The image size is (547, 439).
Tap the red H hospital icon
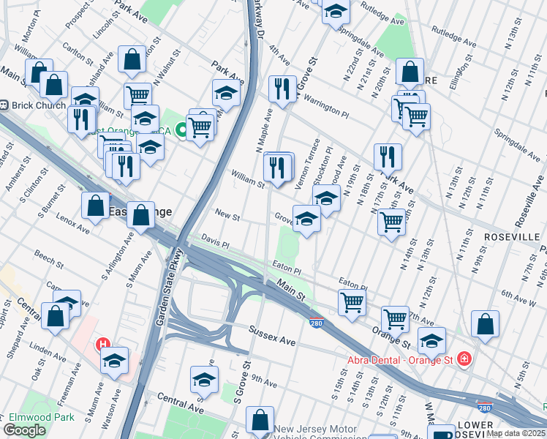(104, 344)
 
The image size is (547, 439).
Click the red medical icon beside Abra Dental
(463, 359)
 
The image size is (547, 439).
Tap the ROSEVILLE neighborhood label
(510, 237)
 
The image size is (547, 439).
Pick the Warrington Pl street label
(326, 109)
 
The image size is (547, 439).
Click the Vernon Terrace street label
(308, 165)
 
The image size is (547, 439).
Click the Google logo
(25, 430)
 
